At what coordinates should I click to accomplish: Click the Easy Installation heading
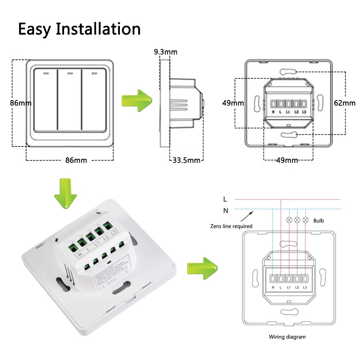tap(79, 29)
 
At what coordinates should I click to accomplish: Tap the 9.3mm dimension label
tap(166, 52)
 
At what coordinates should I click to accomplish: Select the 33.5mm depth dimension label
tap(186, 160)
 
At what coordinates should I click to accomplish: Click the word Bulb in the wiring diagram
tap(319, 220)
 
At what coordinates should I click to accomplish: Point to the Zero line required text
tap(231, 226)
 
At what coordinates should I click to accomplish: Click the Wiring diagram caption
tap(287, 337)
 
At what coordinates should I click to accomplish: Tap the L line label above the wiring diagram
tap(225, 199)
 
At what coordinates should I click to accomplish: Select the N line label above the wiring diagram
tap(226, 211)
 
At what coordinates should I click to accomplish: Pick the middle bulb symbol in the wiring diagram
tap(297, 220)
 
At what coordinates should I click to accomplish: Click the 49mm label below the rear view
tap(287, 160)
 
